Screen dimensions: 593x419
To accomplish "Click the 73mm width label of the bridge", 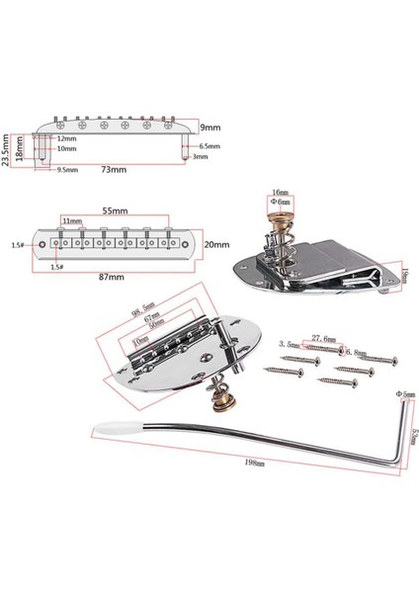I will click(115, 170).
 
